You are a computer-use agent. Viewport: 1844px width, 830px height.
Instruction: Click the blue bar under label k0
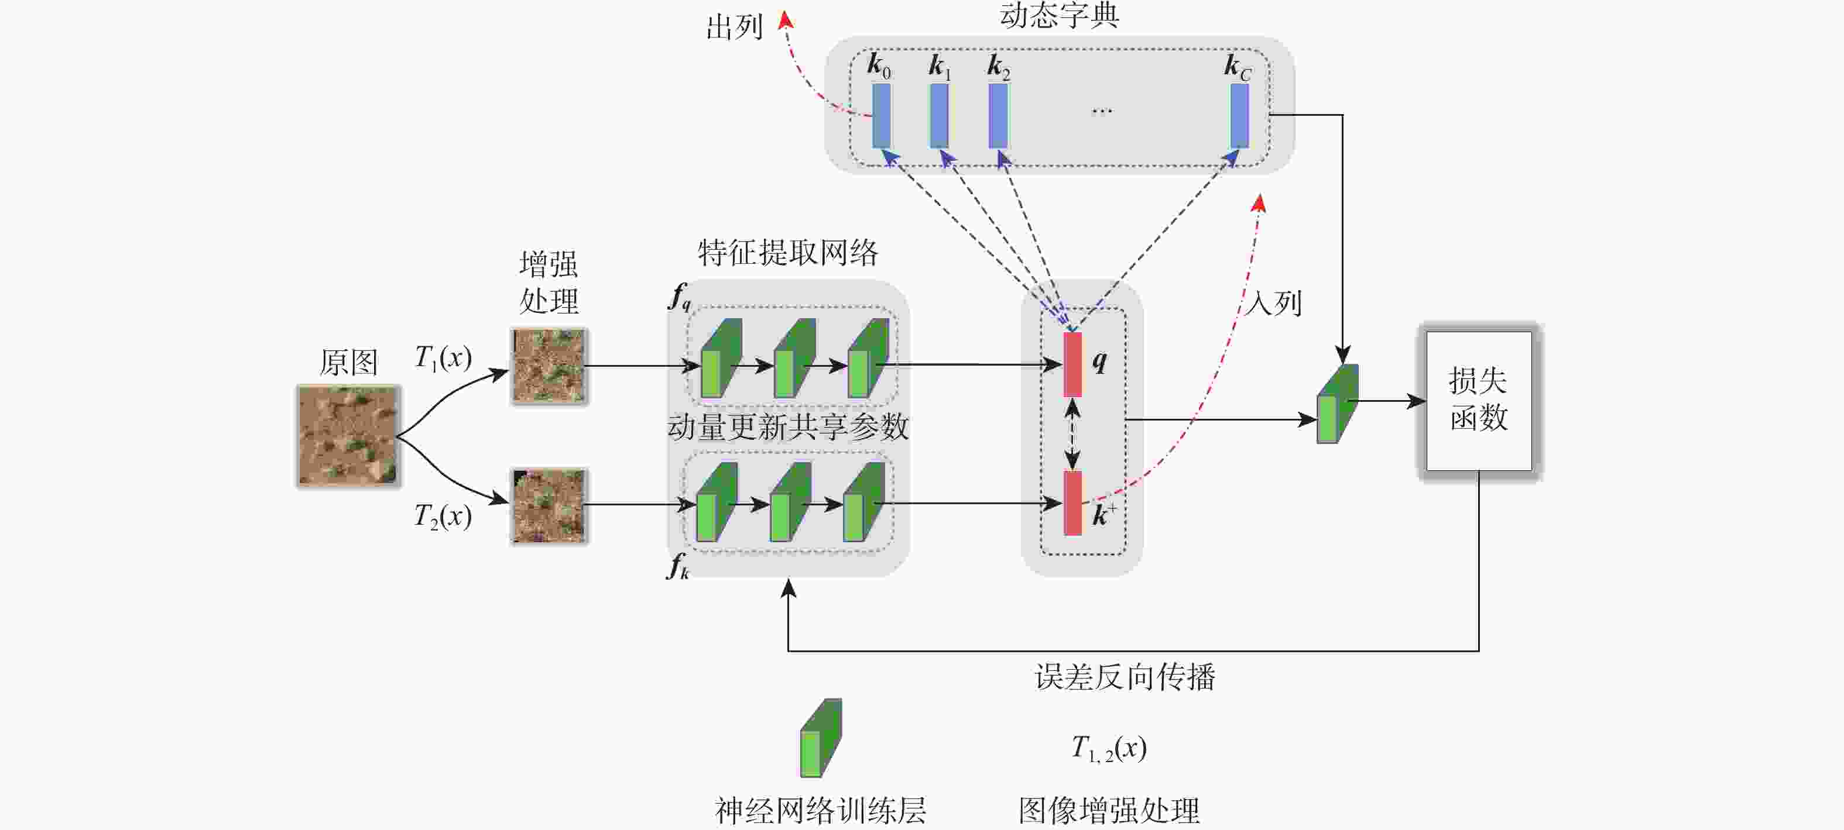coord(881,115)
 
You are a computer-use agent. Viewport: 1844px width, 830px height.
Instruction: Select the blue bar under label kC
coord(1239,115)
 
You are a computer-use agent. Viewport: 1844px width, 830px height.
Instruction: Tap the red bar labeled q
coord(1072,364)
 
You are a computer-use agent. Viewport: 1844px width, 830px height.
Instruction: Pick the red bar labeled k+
coord(1072,503)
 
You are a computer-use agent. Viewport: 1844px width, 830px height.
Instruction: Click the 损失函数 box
coord(1479,401)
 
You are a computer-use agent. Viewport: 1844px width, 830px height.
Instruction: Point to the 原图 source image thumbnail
coord(348,435)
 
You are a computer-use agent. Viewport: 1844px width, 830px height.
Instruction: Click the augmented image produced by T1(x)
coord(549,366)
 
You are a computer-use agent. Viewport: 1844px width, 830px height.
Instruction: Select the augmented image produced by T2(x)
coord(549,506)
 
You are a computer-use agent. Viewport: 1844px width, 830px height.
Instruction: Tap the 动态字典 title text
coord(1059,16)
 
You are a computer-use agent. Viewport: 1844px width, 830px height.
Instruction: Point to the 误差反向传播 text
coord(1125,677)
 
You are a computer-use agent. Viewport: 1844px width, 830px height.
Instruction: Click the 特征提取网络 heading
coord(787,253)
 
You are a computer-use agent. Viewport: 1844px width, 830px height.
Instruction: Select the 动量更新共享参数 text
coord(787,427)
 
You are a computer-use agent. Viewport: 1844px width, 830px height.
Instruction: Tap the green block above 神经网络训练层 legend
coord(820,738)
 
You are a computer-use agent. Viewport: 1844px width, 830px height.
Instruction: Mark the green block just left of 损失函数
coord(1336,404)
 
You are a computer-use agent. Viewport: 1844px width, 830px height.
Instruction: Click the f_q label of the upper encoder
coord(679,296)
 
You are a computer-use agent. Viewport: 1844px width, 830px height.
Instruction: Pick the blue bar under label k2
coord(998,115)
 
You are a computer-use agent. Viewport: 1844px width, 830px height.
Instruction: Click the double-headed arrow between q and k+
coord(1072,433)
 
